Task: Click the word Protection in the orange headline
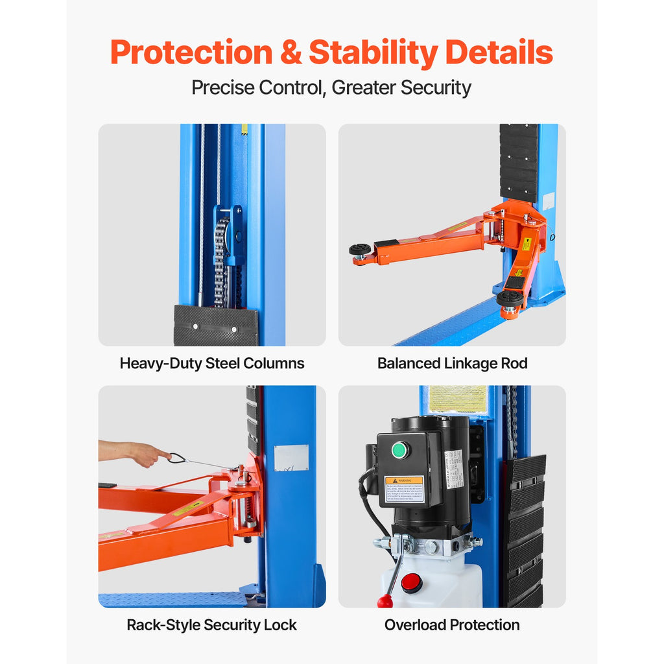pos(191,53)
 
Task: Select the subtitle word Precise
pos(222,88)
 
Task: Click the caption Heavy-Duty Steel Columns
pos(212,363)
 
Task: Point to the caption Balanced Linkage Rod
pos(452,363)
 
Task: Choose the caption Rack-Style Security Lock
pos(212,625)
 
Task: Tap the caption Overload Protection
pos(452,625)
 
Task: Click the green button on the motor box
pos(400,449)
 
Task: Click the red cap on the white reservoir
pos(411,582)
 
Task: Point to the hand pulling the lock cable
pos(144,453)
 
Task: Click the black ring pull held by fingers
pos(176,458)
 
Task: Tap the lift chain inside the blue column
pos(221,259)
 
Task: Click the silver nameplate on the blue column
pos(291,457)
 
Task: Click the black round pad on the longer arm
pos(359,250)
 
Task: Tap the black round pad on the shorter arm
pos(510,298)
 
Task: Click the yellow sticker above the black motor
pos(457,399)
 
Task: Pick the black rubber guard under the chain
pos(215,325)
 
